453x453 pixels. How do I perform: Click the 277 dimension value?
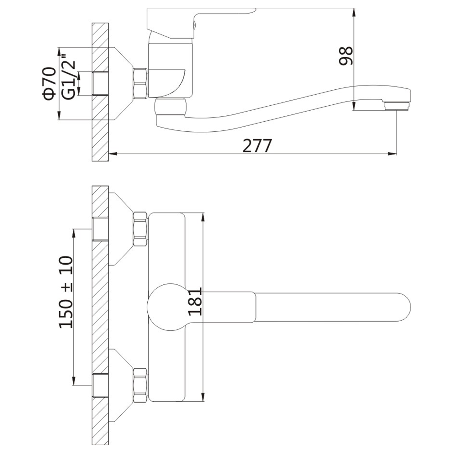[257, 145]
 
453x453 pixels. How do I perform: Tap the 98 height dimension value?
[346, 56]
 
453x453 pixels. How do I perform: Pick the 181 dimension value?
[195, 302]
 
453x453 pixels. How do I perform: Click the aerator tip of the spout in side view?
[397, 106]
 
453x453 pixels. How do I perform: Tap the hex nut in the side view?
[140, 83]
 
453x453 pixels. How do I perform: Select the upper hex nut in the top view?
[140, 229]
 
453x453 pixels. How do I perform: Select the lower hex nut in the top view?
[140, 385]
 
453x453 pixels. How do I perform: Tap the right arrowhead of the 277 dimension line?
[393, 154]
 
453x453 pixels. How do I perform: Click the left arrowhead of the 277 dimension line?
[112, 154]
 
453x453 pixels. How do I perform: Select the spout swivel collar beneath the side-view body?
[171, 107]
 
